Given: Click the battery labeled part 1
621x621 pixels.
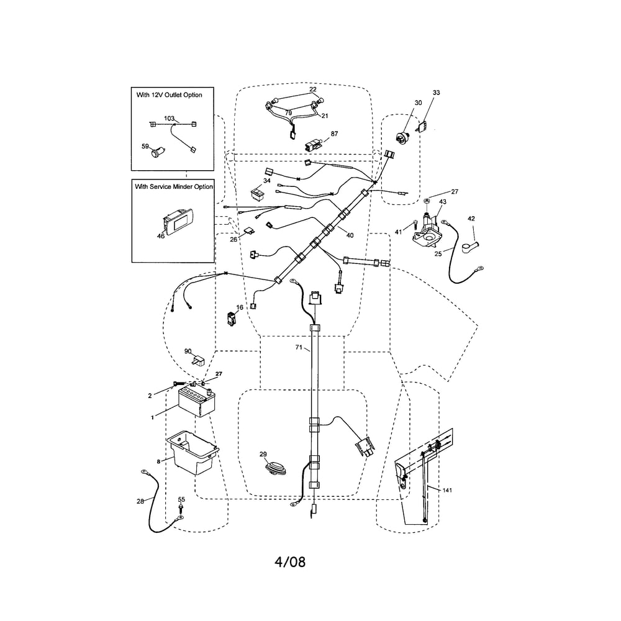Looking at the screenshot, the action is pyautogui.click(x=196, y=402).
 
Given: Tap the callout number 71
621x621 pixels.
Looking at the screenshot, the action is pyautogui.click(x=299, y=347).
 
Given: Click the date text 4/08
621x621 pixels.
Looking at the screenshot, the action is pyautogui.click(x=290, y=561).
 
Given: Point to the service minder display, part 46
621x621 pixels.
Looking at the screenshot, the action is pyautogui.click(x=178, y=222).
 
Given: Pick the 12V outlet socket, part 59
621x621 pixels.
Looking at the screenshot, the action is pyautogui.click(x=158, y=152).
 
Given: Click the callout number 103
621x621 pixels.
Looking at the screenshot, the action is pyautogui.click(x=169, y=119).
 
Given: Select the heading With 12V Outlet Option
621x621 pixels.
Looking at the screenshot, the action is pyautogui.click(x=169, y=95).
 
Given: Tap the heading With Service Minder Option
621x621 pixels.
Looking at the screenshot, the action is pyautogui.click(x=173, y=186).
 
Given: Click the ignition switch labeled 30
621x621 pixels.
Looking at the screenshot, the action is pyautogui.click(x=402, y=136).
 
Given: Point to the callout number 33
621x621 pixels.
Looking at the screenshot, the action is pyautogui.click(x=436, y=93).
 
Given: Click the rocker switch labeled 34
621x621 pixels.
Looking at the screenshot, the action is pyautogui.click(x=258, y=194).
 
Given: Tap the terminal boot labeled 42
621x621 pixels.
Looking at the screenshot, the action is pyautogui.click(x=469, y=247).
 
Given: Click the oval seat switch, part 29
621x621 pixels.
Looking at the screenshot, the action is pyautogui.click(x=276, y=469).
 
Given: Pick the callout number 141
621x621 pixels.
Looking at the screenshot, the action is pyautogui.click(x=447, y=491).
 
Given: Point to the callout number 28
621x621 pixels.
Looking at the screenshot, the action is pyautogui.click(x=140, y=501).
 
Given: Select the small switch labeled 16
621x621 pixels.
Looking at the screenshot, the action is pyautogui.click(x=231, y=319).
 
